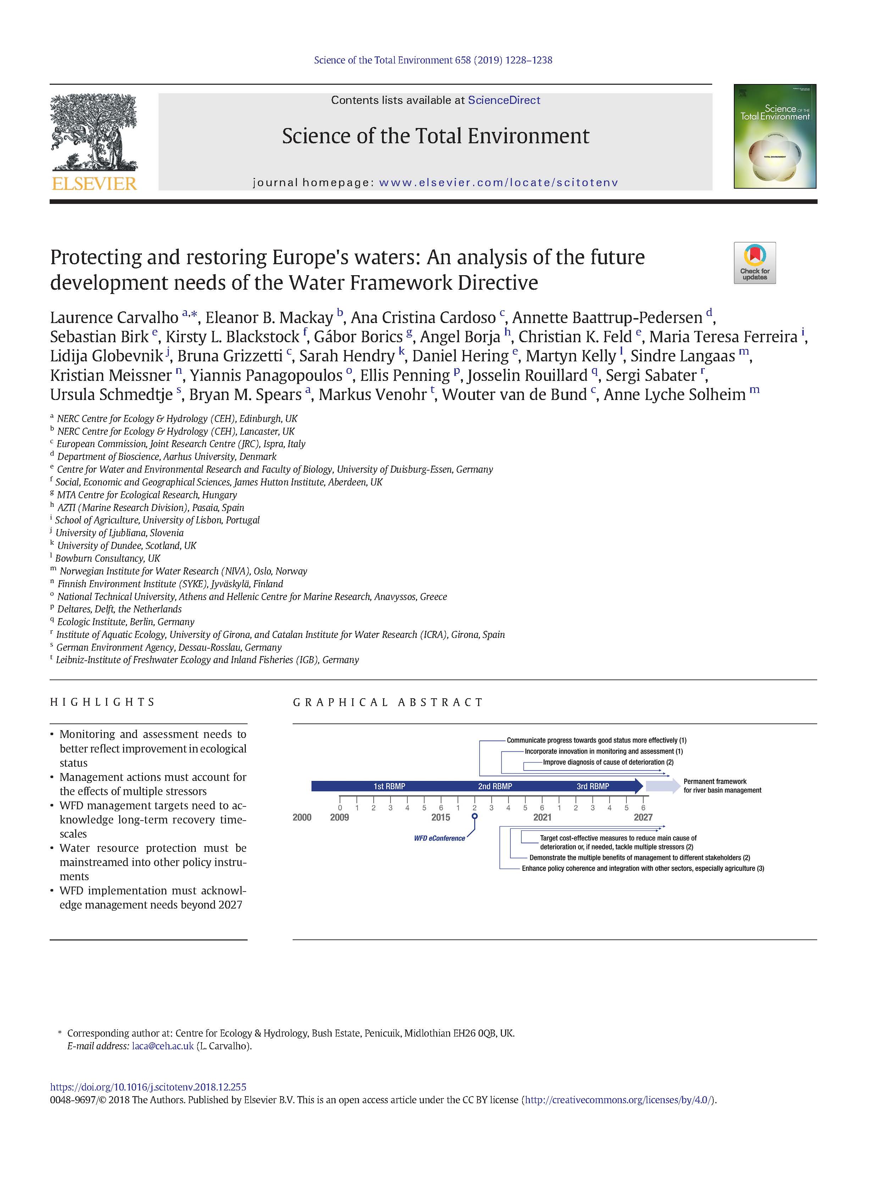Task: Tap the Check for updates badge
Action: coord(754,263)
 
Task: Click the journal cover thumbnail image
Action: coord(775,136)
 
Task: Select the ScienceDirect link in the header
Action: coord(504,100)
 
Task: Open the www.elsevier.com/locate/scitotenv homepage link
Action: coord(499,183)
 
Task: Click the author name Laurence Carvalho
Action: coord(114,318)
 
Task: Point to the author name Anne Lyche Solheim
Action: coord(675,394)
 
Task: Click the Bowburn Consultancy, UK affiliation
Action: coord(107,558)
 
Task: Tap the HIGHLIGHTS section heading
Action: coord(102,703)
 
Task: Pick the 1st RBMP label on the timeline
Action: coord(389,786)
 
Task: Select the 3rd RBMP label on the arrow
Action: coord(593,786)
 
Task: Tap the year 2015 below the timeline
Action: coord(441,817)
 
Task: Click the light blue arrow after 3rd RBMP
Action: coord(663,785)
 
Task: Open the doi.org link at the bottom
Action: coord(148,1087)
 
